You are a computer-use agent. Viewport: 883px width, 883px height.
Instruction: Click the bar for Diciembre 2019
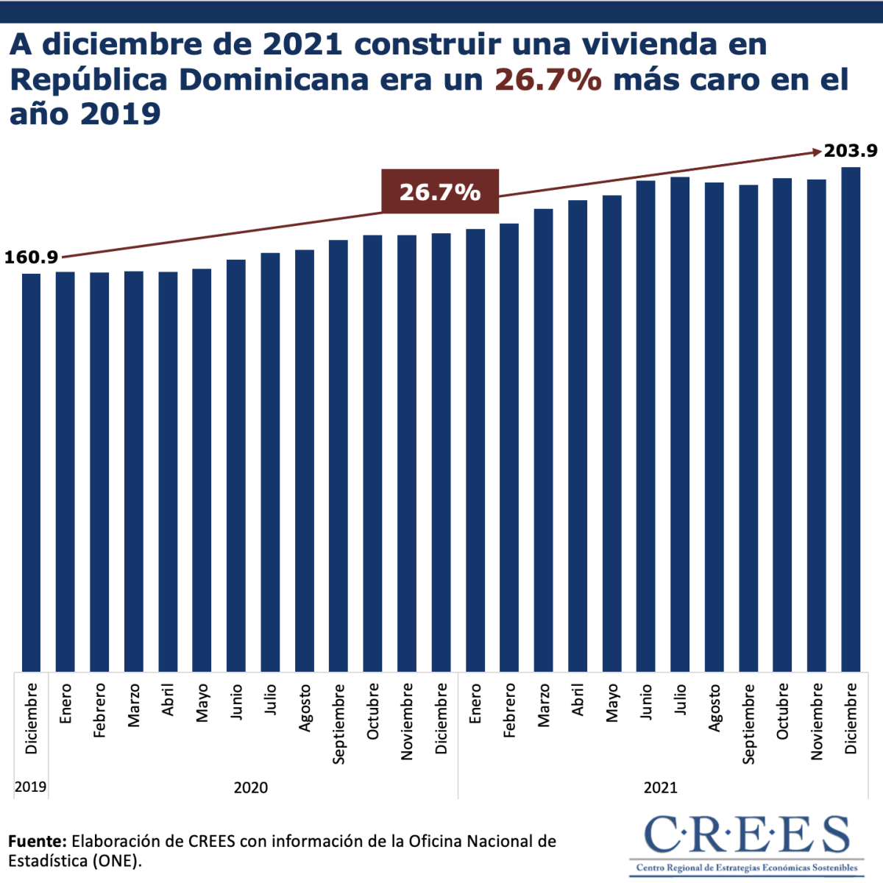[31, 471]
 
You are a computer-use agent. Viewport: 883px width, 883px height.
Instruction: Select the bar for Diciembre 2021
[851, 419]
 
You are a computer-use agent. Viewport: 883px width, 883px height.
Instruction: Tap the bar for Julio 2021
[680, 424]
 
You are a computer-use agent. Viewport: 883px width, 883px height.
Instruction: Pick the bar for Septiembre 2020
[338, 456]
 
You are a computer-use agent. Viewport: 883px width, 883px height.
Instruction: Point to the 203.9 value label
[851, 151]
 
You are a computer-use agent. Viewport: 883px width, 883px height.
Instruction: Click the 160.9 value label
[31, 258]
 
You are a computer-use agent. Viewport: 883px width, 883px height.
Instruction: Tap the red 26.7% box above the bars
[440, 192]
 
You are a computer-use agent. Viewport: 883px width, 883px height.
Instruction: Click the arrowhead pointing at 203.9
[817, 152]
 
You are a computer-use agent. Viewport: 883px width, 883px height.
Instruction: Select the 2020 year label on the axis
[251, 787]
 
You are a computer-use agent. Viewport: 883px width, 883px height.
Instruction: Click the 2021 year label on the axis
[660, 787]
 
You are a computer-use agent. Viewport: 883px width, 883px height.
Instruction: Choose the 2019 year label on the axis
[30, 787]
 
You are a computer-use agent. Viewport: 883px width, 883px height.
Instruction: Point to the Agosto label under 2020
[305, 708]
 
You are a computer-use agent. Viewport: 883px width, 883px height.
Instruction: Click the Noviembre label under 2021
[817, 721]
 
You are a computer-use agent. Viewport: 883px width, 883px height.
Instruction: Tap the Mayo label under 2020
[202, 703]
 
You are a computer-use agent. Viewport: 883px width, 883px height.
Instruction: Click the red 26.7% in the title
[548, 79]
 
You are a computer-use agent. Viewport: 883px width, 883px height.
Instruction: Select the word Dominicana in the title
[274, 79]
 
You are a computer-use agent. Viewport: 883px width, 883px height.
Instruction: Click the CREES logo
[747, 843]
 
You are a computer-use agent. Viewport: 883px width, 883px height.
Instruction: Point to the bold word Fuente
[38, 841]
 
